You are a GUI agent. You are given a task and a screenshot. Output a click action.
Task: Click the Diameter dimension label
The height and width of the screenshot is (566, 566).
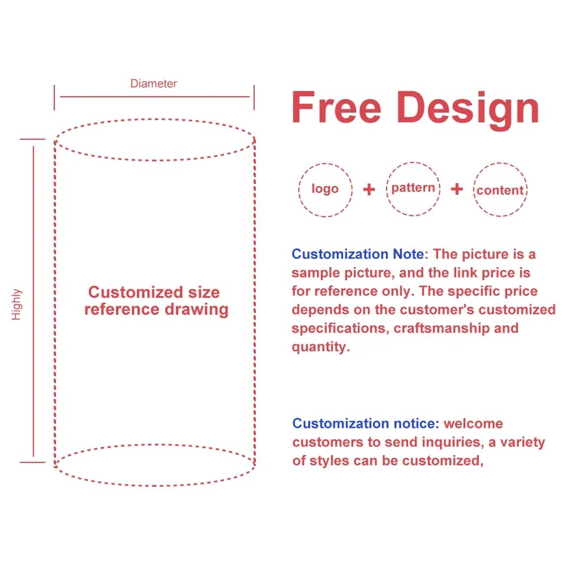(153, 83)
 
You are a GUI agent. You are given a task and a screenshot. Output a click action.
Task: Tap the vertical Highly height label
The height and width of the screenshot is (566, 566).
(17, 304)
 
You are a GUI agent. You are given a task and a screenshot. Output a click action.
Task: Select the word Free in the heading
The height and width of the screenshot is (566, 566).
(336, 107)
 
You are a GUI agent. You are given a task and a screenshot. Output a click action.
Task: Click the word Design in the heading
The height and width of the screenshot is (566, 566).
(468, 110)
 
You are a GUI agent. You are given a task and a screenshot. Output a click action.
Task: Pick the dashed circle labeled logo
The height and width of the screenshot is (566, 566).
(299, 190)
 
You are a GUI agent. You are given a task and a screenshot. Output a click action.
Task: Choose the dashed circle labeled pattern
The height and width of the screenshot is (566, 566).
(387, 189)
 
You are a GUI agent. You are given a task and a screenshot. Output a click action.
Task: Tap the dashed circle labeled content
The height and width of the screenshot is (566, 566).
(474, 189)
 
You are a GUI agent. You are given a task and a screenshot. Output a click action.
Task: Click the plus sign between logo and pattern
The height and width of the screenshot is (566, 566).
(369, 189)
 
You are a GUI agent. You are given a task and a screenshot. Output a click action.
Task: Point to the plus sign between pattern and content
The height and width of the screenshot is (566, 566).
(456, 189)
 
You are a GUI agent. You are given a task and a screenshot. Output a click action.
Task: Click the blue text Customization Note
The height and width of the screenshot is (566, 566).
(358, 254)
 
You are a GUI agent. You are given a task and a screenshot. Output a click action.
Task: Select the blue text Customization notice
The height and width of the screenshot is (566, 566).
(366, 423)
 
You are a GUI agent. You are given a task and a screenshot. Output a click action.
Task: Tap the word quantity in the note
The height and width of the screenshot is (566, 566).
(319, 347)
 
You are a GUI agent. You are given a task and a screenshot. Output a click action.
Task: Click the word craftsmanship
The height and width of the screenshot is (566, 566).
(442, 328)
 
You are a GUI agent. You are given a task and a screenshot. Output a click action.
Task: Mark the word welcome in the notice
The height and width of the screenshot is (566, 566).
(473, 423)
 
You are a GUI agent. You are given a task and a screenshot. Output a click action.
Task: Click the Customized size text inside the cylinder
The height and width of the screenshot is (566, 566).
(154, 292)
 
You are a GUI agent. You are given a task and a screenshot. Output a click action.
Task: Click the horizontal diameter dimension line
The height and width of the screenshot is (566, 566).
(154, 97)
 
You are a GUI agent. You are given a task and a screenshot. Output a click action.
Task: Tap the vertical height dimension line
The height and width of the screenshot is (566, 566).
(34, 301)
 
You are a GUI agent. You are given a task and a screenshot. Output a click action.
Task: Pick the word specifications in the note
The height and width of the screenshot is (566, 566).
(338, 328)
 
